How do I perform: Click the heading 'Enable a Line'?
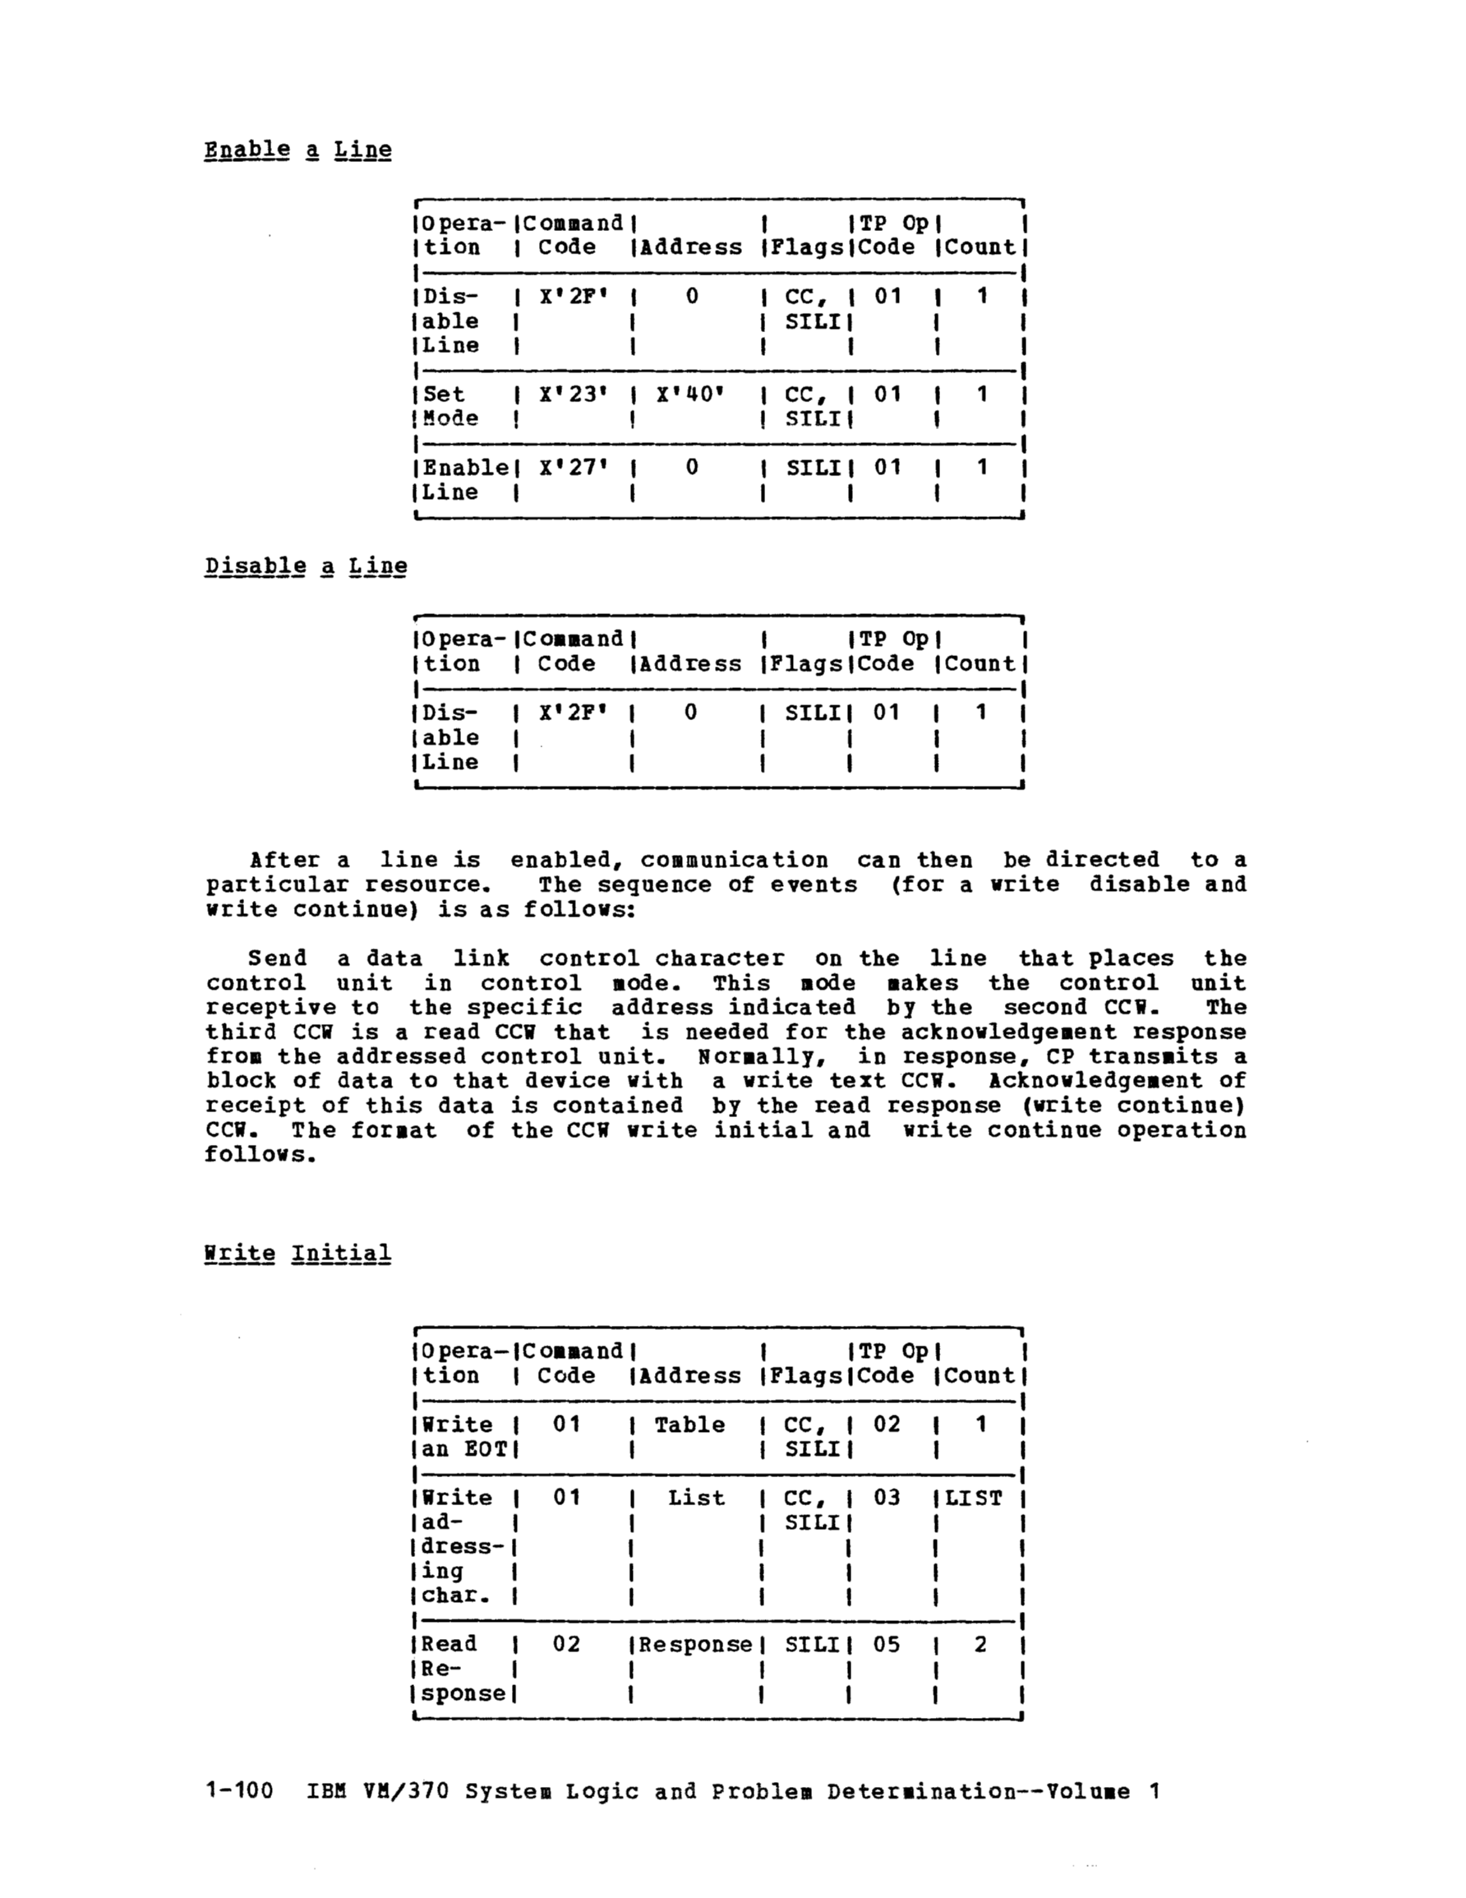point(297,150)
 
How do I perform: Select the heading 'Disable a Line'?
point(306,566)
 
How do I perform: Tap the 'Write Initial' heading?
point(297,1254)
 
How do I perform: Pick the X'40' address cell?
point(690,395)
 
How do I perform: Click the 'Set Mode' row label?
point(450,406)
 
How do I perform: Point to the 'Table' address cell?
point(689,1425)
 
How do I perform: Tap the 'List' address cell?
point(695,1498)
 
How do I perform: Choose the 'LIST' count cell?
point(973,1498)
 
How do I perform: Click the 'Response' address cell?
point(695,1644)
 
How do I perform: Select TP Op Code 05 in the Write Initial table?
point(887,1644)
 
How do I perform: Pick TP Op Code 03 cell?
point(887,1498)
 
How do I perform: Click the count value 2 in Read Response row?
point(980,1644)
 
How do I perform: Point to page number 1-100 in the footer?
point(239,1791)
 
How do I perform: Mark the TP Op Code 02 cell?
point(887,1425)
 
